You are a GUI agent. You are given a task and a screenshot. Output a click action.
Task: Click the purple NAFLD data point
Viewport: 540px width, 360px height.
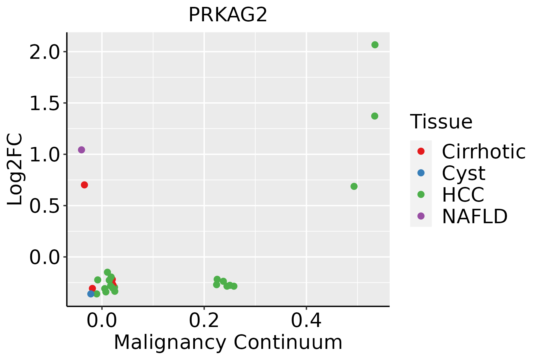81,150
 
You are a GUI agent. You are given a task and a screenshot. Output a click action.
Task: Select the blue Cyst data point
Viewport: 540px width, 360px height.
91,294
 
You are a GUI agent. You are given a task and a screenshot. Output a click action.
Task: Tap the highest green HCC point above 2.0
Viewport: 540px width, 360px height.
375,45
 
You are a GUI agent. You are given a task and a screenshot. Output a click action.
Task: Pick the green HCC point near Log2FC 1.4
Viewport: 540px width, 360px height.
374,116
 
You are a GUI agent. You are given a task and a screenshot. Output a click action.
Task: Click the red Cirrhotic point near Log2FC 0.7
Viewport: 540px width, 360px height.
84,185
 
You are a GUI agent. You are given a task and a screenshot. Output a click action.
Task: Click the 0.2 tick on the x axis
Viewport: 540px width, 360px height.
204,321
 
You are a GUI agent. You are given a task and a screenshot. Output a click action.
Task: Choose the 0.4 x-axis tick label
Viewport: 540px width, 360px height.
306,321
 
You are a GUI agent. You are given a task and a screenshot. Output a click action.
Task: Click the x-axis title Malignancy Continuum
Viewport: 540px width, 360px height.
228,342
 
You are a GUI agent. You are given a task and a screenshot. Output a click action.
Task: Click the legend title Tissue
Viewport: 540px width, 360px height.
441,122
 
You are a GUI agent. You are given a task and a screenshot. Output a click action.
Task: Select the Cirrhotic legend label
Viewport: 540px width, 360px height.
483,151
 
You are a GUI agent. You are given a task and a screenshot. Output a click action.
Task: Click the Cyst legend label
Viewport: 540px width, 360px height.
463,173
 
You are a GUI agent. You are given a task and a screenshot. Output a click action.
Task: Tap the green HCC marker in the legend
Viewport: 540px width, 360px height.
421,194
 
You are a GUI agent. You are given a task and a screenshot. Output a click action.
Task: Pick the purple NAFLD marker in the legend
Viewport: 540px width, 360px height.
421,216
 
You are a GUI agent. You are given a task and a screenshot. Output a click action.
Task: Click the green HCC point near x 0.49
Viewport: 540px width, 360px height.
354,186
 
